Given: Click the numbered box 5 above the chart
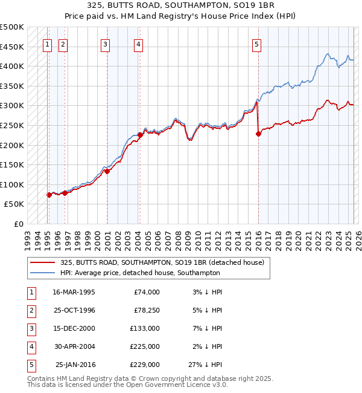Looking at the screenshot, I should click(257, 44).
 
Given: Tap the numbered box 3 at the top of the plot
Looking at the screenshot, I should click(105, 44).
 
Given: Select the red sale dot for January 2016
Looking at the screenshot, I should click(258, 134).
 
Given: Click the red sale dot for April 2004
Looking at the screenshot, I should click(139, 135).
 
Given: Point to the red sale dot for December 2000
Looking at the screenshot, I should click(107, 171).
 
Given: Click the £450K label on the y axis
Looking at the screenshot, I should click(12, 47).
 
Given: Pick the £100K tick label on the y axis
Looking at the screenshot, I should click(12, 184).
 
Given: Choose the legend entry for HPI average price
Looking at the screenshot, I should click(141, 273).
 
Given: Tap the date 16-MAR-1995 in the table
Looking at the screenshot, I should click(74, 292).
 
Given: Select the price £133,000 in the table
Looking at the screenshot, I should click(145, 328).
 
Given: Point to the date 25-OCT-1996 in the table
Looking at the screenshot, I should click(74, 310).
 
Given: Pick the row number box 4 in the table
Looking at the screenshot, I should click(31, 346).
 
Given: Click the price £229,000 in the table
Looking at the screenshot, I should click(145, 365).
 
